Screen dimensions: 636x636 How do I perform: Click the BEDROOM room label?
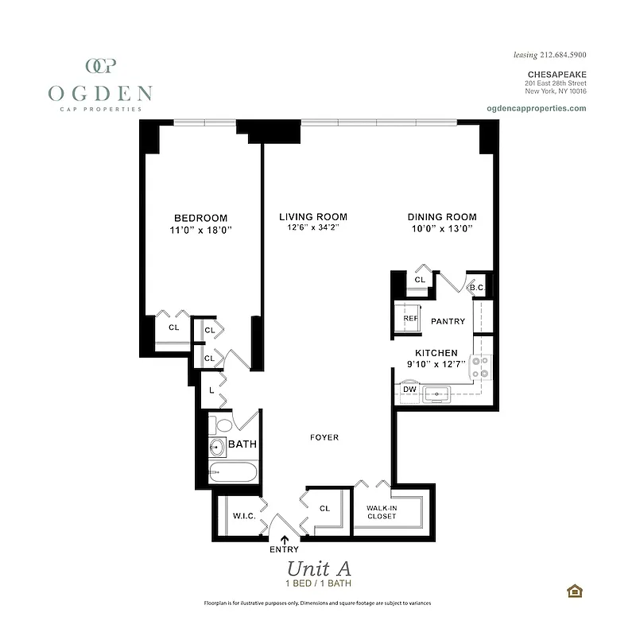tap(201, 218)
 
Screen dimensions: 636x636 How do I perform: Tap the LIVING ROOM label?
tap(312, 217)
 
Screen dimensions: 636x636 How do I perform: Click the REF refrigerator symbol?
tap(410, 319)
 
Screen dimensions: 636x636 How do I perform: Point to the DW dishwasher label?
tap(409, 389)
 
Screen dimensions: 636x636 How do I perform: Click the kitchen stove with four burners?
tap(481, 367)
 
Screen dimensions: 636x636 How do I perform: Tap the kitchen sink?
tap(436, 393)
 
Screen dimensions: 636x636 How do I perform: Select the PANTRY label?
tap(448, 321)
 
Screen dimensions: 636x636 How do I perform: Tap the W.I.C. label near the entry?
tap(243, 516)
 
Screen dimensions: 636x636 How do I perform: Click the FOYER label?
tap(324, 437)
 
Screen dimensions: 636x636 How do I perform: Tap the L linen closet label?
tap(211, 390)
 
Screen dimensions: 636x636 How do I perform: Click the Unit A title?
tap(318, 568)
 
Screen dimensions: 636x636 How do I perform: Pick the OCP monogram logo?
tap(101, 66)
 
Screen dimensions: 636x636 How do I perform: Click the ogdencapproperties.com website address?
tap(535, 108)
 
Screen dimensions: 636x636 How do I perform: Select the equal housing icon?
tap(573, 590)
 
